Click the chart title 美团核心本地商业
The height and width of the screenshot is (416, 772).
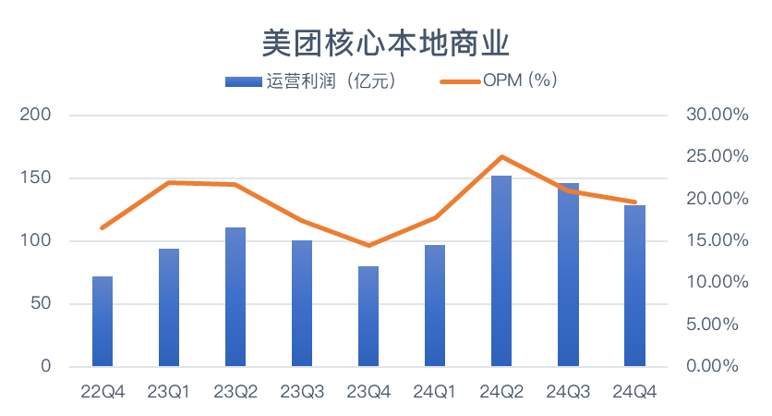[386, 42]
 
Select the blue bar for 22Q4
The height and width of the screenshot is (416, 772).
[103, 321]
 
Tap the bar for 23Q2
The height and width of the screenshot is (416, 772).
[235, 297]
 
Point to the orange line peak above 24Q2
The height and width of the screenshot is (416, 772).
[501, 157]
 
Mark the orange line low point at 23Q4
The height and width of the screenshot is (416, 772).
[368, 245]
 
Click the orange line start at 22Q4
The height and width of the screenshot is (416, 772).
[103, 227]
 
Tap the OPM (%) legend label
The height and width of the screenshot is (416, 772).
[519, 81]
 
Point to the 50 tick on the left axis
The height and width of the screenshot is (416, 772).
[42, 304]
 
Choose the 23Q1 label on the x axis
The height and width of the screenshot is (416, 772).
[169, 392]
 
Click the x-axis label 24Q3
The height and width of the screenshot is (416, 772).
[568, 392]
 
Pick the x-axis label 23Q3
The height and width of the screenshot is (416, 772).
[302, 392]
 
